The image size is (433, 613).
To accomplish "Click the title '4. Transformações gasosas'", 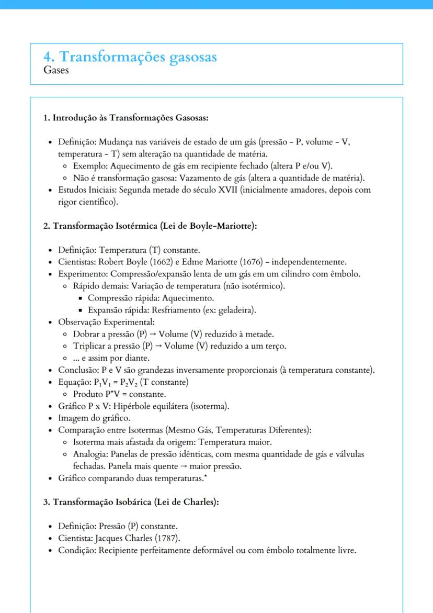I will click(x=130, y=57).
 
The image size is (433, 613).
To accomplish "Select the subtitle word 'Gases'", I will click(x=56, y=70).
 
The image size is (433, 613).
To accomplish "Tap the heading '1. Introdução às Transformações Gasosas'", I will click(x=126, y=118).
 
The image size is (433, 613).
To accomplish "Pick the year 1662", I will click(x=154, y=262).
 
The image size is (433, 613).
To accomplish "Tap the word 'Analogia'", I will click(x=90, y=454).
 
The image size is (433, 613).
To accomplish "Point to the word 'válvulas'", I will click(x=348, y=454).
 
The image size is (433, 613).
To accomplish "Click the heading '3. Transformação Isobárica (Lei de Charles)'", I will click(x=131, y=501).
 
